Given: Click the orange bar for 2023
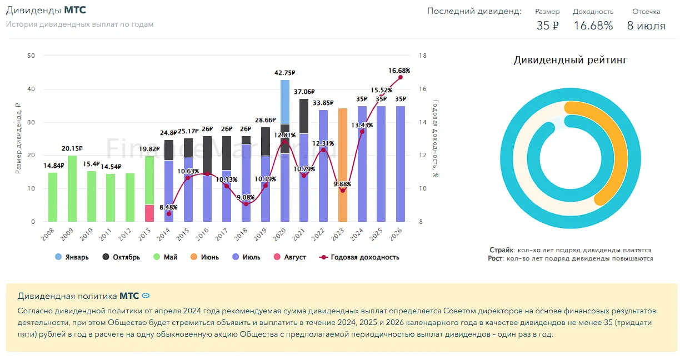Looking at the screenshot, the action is (343, 165).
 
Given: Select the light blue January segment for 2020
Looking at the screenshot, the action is (285, 102).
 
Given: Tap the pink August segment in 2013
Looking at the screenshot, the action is (149, 213).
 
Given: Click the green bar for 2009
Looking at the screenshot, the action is (72, 188).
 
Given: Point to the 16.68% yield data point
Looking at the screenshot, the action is (401, 77).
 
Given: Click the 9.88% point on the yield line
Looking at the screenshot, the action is (343, 191).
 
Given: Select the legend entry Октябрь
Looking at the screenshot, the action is (121, 257).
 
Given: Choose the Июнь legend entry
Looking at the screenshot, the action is (204, 257).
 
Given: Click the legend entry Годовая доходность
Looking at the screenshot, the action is (359, 257).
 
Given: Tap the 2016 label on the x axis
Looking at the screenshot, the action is (202, 234).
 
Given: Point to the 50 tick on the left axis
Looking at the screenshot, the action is (31, 56).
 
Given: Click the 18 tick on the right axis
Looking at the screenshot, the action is (423, 56).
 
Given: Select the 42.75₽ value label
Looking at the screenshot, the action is (285, 73).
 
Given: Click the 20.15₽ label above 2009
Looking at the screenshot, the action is (72, 148).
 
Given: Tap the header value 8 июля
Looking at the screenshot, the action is (646, 26).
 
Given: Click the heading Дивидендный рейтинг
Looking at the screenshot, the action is (571, 60).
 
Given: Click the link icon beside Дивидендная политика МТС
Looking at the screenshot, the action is (146, 296).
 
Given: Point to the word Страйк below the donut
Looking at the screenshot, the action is (502, 250).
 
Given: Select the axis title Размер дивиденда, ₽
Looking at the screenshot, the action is (18, 138).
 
